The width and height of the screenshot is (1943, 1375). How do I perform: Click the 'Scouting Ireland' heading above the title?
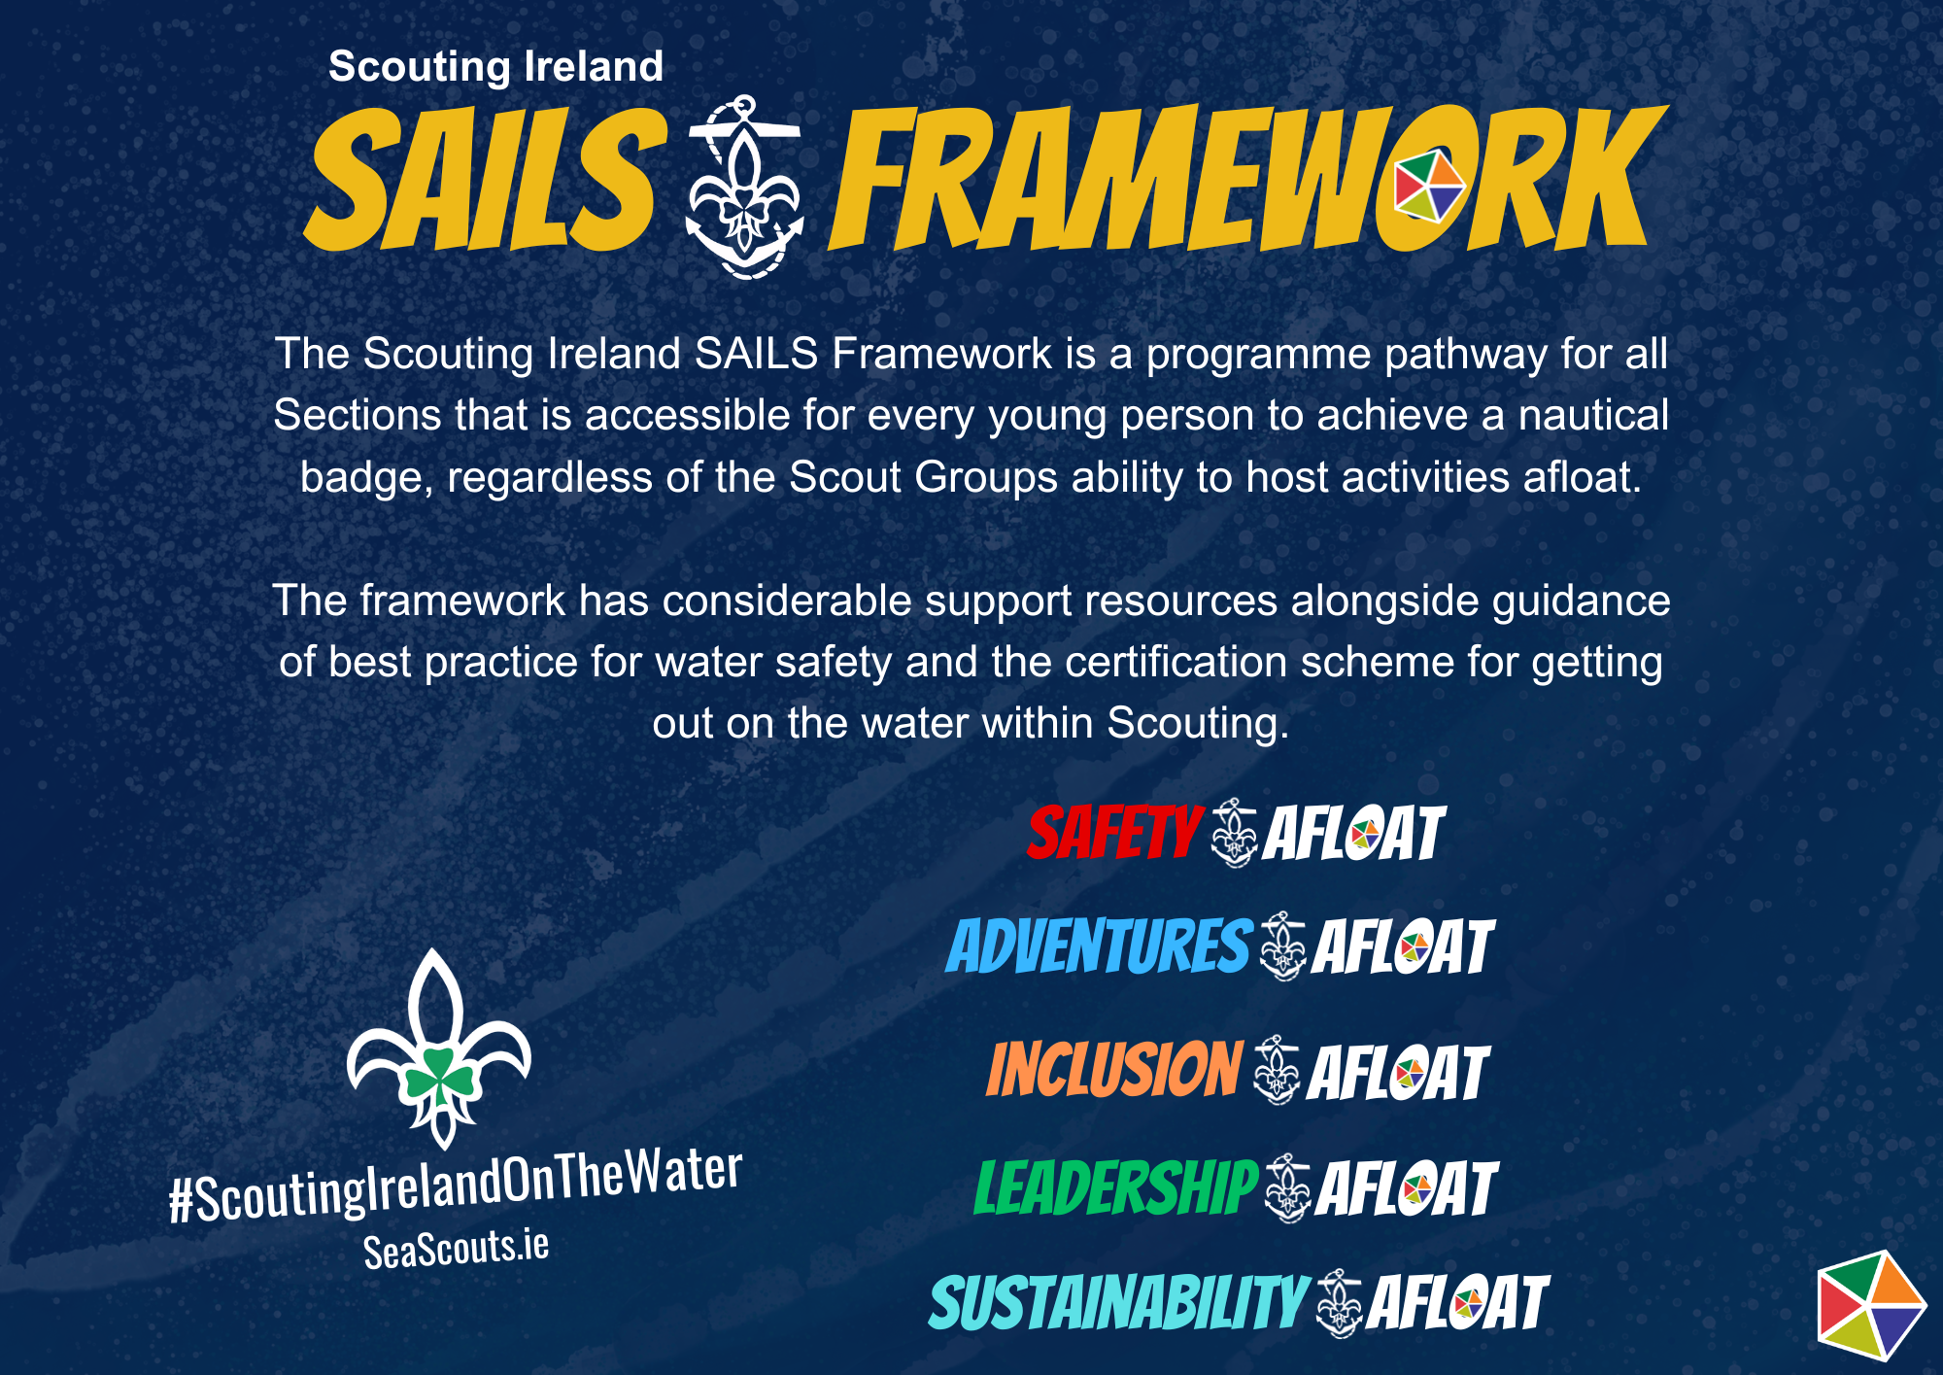[495, 66]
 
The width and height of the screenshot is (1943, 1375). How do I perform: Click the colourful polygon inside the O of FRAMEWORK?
[1429, 185]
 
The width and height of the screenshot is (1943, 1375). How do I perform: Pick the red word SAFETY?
[1115, 833]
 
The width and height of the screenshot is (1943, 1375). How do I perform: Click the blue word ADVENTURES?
[1099, 945]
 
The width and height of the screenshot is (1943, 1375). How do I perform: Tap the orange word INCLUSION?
[1114, 1069]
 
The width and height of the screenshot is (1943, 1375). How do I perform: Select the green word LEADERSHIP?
[1116, 1186]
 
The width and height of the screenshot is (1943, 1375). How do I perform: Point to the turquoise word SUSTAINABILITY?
[1119, 1302]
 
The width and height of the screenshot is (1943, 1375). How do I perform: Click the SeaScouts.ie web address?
[457, 1250]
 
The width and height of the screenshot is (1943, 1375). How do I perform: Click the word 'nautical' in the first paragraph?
[1593, 415]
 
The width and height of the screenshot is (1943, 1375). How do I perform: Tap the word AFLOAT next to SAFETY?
[1354, 833]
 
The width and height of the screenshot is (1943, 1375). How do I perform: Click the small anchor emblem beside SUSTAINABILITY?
[1339, 1303]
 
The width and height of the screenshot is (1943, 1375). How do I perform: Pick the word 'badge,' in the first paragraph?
[366, 478]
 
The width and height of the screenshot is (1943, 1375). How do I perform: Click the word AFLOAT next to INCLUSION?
[1398, 1072]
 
